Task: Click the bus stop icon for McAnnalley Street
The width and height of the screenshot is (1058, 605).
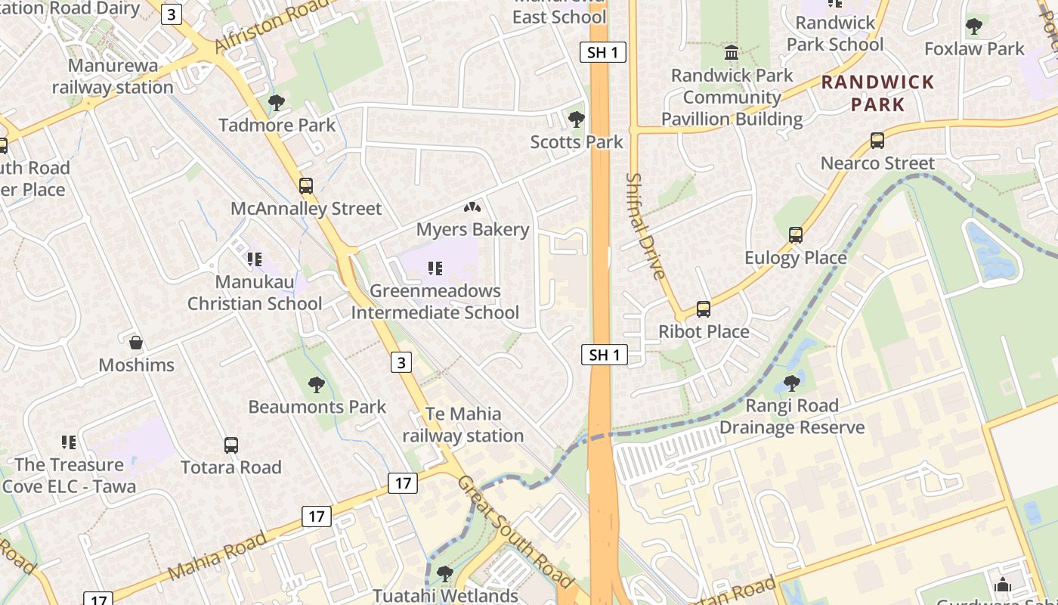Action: (x=306, y=186)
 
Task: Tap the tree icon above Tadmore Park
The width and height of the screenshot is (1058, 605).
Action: (x=277, y=102)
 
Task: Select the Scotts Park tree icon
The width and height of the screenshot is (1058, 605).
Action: (x=576, y=119)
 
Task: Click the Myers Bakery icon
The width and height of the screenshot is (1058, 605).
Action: (x=472, y=207)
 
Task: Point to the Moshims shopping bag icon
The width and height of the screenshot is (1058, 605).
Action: (x=136, y=343)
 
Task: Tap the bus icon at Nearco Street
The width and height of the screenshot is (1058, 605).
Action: (x=877, y=141)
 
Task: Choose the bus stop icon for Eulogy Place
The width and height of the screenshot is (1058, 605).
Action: (x=795, y=235)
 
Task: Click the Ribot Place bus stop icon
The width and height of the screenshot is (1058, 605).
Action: (x=704, y=309)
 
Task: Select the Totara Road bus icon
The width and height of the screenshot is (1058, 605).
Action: (x=231, y=445)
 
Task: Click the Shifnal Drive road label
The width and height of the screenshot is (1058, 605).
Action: (x=645, y=226)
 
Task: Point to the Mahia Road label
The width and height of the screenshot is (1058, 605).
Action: (x=216, y=556)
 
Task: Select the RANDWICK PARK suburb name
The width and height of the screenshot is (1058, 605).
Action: (x=877, y=93)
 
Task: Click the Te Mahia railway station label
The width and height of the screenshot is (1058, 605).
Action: (x=463, y=424)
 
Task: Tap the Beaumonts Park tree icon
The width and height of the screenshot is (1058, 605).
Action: (x=317, y=385)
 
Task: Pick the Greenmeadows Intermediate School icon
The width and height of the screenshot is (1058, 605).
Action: (x=435, y=268)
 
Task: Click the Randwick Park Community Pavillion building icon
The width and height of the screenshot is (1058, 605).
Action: (x=732, y=53)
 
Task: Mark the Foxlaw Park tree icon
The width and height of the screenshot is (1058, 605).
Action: (x=974, y=26)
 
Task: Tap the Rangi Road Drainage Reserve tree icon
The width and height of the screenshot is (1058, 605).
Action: (x=791, y=383)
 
